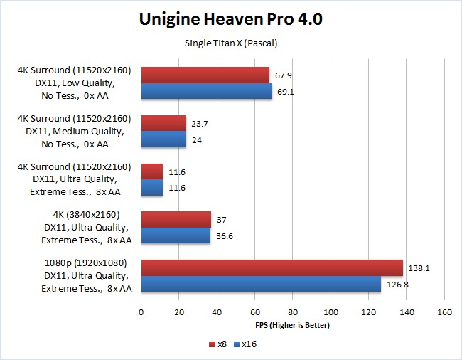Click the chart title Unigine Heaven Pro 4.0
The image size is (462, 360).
point(231,19)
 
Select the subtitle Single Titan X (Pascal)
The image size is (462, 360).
point(231,43)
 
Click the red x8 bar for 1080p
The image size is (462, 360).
point(272,268)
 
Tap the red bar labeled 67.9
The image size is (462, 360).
point(205,75)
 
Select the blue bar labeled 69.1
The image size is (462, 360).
point(207,91)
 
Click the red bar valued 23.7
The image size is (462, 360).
point(163,123)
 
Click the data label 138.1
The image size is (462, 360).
point(419,269)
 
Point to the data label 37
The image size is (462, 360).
point(222,221)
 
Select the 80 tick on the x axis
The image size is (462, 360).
point(293,312)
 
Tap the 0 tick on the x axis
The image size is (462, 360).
point(141,312)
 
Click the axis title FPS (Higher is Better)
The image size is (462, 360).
point(293,325)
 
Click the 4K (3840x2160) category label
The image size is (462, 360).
point(85,214)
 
